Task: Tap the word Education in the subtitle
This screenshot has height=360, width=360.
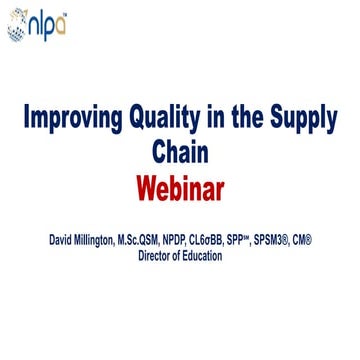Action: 206,255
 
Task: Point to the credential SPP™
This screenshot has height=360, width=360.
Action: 274,240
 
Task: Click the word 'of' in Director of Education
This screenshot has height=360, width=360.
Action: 180,255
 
